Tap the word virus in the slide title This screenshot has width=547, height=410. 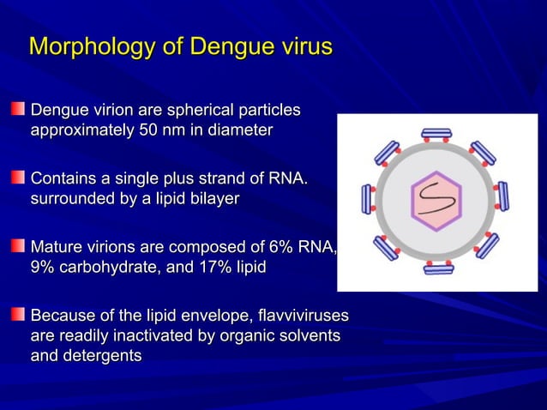300,46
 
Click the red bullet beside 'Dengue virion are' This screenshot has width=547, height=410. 18,110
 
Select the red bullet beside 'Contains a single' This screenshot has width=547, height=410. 18,178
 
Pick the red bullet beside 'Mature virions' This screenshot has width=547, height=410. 18,247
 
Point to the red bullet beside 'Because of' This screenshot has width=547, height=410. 18,316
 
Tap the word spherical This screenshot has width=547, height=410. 198,111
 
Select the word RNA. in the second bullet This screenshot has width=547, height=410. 288,179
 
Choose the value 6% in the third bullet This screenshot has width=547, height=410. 274,248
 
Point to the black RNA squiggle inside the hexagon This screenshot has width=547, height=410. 436,202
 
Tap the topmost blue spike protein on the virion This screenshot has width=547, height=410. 436,133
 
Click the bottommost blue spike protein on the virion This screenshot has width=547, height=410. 438,268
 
